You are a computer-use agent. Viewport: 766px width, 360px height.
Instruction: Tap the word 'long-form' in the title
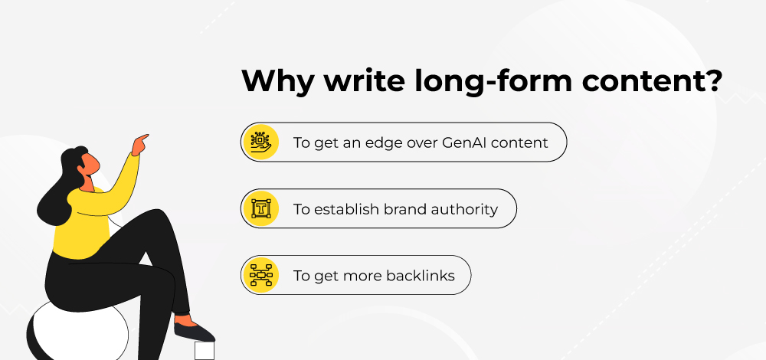[x=493, y=80]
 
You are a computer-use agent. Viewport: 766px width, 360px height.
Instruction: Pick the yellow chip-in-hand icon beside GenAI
[x=260, y=142]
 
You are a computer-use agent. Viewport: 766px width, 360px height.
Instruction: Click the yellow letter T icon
[x=260, y=208]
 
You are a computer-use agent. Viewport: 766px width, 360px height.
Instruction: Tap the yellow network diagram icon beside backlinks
[x=260, y=276]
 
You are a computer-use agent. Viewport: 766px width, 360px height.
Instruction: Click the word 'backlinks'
[x=421, y=276]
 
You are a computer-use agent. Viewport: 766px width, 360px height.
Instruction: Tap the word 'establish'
[x=346, y=209]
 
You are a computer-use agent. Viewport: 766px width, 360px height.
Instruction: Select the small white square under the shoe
[x=205, y=351]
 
